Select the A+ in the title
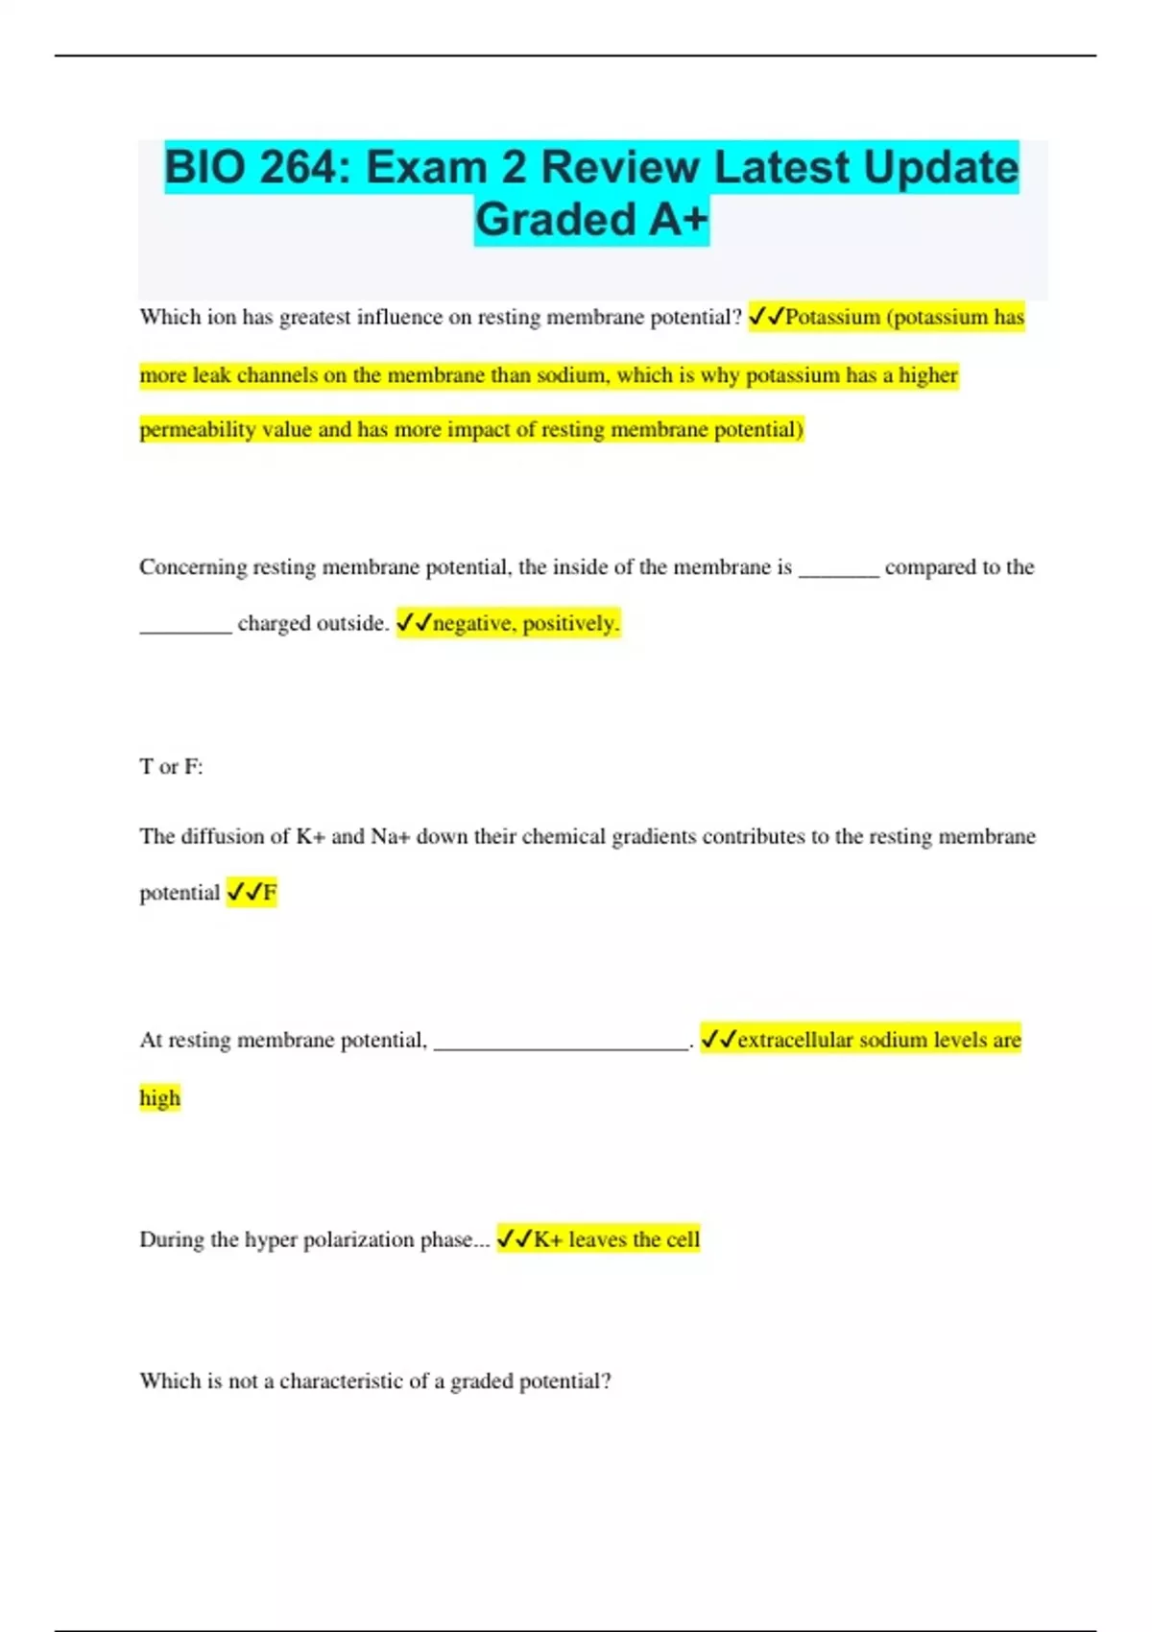(x=678, y=219)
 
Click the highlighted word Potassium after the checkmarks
(x=832, y=318)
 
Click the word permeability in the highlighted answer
(x=198, y=430)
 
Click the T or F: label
(x=171, y=767)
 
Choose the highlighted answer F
(x=270, y=894)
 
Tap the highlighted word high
(x=159, y=1098)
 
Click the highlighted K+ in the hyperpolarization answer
(x=547, y=1240)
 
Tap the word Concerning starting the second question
(x=193, y=567)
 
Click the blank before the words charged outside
(x=185, y=627)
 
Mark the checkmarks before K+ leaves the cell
(x=514, y=1240)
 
